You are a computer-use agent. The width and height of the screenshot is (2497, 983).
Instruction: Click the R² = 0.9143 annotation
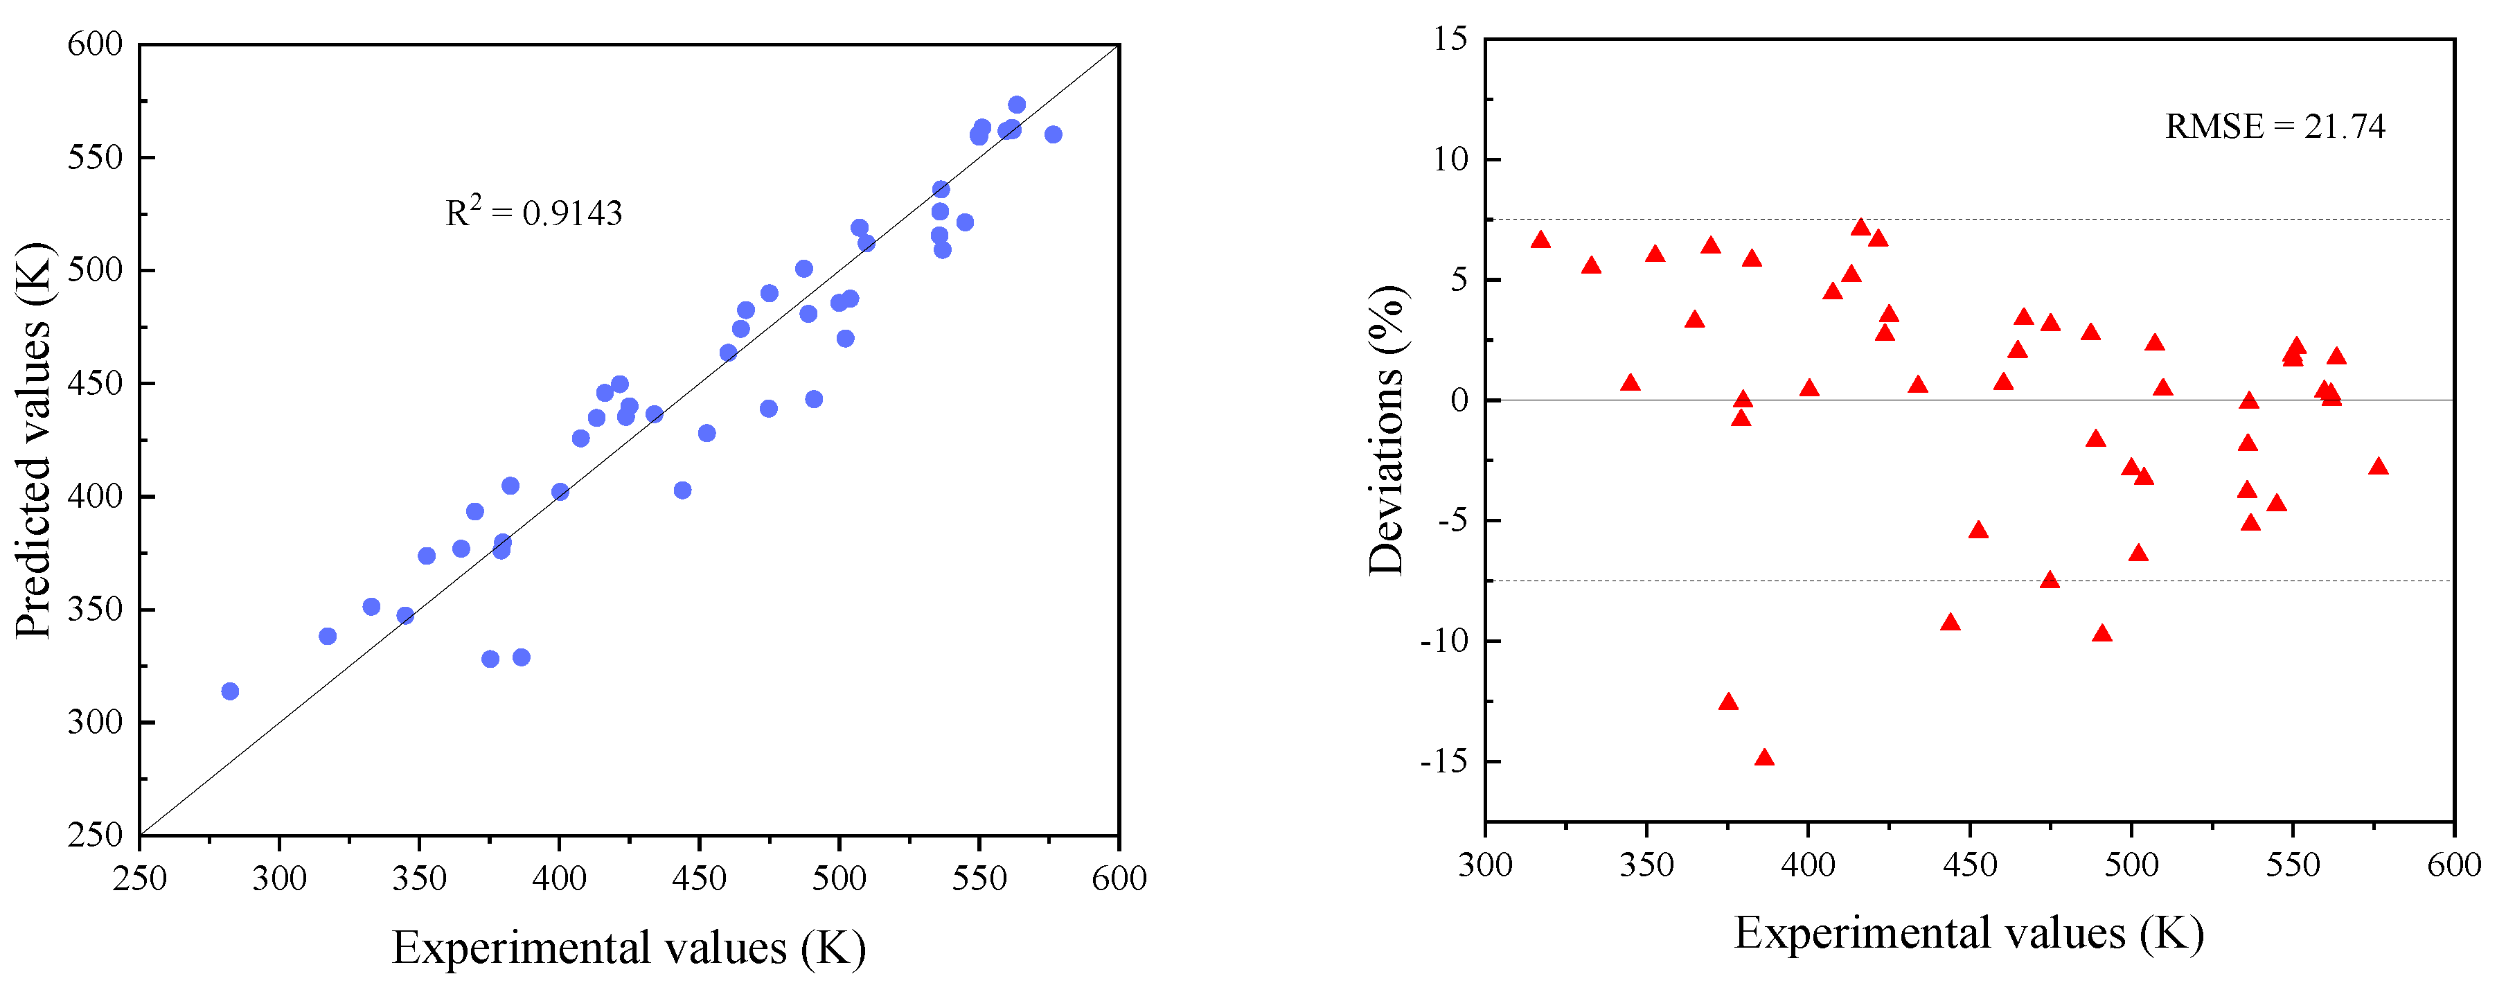tap(533, 212)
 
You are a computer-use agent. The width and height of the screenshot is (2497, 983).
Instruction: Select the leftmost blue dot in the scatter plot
tap(230, 691)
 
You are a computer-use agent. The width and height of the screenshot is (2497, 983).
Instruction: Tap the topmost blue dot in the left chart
tap(1017, 105)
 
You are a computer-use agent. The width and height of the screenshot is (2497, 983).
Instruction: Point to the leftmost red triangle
tap(1540, 240)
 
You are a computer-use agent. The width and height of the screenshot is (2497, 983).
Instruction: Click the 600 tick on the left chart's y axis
tap(95, 44)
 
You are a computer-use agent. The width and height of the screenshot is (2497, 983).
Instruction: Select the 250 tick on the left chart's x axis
tap(140, 878)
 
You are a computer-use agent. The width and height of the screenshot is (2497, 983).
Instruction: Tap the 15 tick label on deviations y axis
tap(1450, 39)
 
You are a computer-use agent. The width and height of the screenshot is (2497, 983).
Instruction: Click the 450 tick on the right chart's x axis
tap(1970, 864)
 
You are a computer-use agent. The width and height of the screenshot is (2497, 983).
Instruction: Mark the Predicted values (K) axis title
tap(34, 441)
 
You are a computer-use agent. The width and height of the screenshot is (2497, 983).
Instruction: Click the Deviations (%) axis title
tap(1386, 432)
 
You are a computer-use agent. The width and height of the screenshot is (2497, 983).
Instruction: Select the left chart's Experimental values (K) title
tap(628, 947)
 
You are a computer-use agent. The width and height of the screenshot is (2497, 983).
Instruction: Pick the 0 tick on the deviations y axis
tap(1459, 400)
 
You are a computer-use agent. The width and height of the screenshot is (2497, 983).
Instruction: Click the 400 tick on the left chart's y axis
tap(95, 496)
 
